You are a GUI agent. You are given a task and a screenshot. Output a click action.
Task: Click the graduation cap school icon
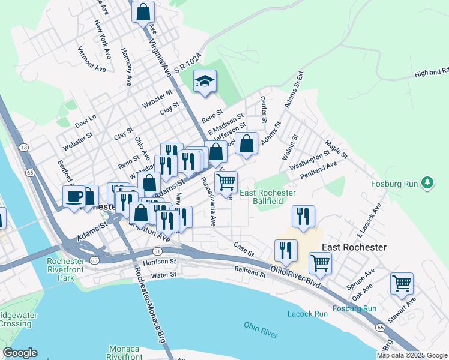point(205,82)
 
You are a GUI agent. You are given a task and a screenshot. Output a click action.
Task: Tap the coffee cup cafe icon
point(75,196)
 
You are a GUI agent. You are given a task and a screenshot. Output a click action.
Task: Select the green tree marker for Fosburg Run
point(427,182)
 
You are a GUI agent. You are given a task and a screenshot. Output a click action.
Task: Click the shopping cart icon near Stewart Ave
point(402,283)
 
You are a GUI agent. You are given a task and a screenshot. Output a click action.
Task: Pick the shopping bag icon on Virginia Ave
point(143,12)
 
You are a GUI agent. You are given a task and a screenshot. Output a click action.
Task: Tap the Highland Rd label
point(431,73)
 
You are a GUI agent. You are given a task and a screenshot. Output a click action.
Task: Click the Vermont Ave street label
point(92,60)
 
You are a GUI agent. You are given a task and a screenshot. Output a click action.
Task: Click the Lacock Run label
point(307,314)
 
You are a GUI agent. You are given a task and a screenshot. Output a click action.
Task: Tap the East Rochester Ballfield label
point(268,197)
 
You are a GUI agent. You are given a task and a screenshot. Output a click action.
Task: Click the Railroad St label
point(250,272)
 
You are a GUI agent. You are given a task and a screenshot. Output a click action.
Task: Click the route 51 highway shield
point(157,251)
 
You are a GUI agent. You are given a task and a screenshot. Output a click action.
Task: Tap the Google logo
point(20,353)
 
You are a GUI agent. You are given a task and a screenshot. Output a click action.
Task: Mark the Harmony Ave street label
point(127,67)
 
